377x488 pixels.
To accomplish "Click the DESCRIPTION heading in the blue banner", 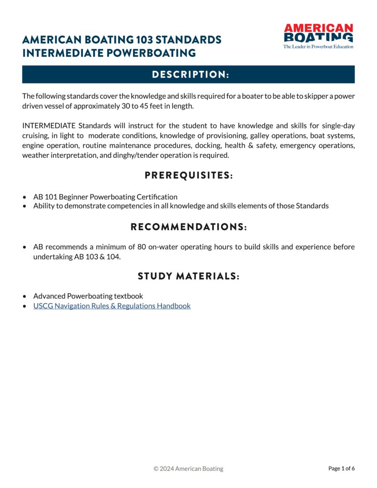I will click(x=188, y=75).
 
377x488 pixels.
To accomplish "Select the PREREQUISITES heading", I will click(x=188, y=176).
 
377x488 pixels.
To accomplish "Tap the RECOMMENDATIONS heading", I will click(x=188, y=227).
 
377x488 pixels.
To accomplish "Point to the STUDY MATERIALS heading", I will click(x=188, y=276).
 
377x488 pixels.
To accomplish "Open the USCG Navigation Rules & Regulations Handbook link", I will click(x=112, y=306).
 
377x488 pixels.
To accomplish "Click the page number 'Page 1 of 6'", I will click(x=341, y=468).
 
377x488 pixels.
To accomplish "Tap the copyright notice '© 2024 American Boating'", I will click(x=188, y=468).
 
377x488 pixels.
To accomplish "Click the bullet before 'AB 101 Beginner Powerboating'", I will click(x=25, y=197).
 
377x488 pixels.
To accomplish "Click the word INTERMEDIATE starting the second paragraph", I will click(x=49, y=126).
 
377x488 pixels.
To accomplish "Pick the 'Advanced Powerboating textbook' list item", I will click(x=88, y=296).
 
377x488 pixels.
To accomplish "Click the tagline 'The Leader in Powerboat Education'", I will click(x=318, y=47).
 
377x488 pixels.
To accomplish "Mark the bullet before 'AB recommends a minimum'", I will click(x=25, y=247).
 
